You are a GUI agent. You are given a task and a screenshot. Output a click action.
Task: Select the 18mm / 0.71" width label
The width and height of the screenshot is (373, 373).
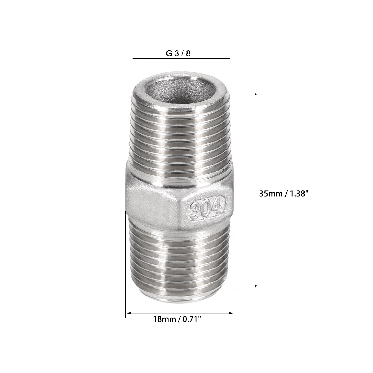pyautogui.click(x=177, y=319)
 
